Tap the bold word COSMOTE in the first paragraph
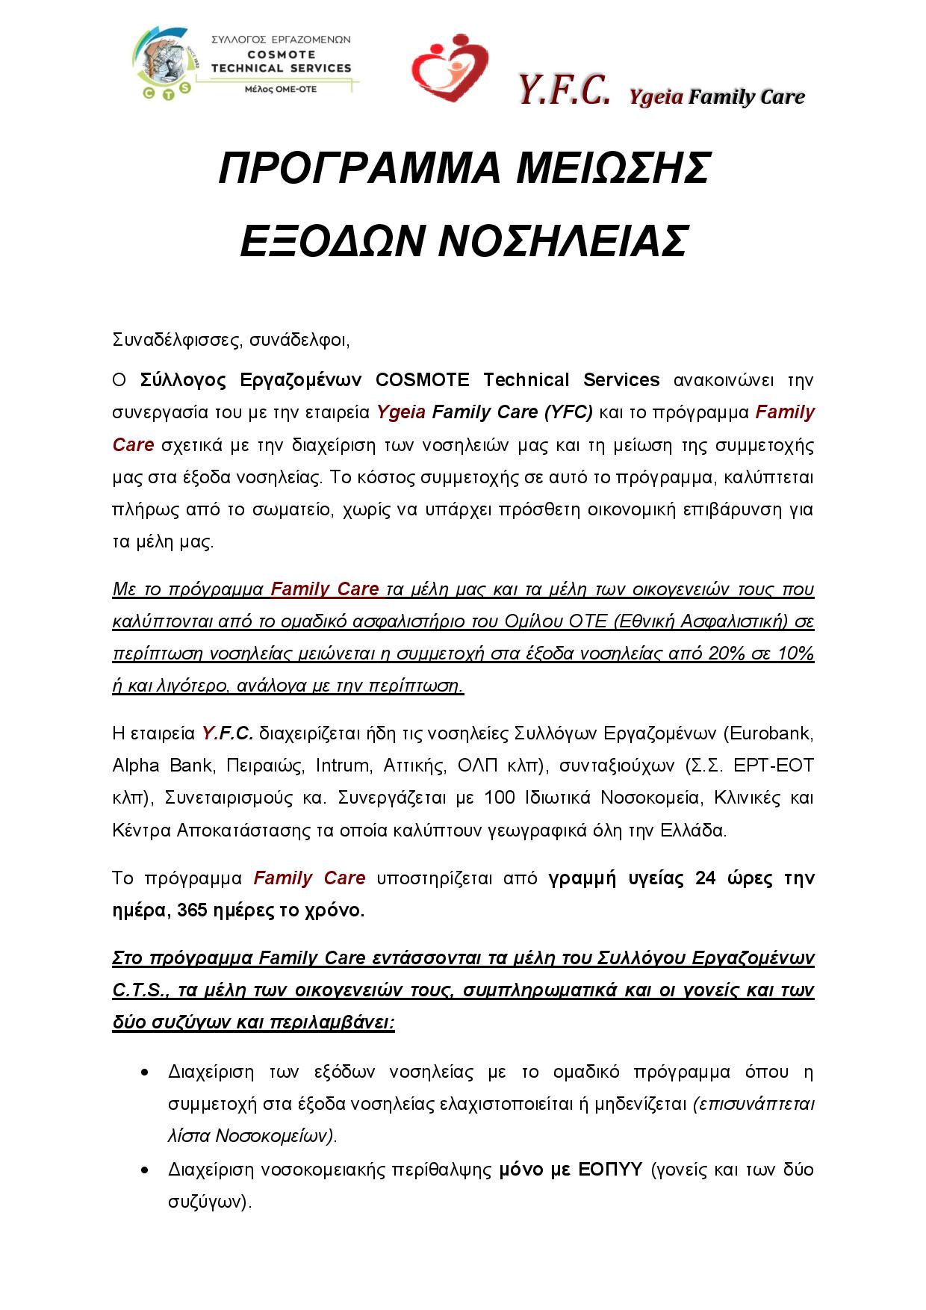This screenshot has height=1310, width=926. point(422,380)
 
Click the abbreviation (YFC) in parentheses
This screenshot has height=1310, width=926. point(568,412)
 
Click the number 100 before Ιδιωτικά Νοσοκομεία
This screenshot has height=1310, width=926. point(499,798)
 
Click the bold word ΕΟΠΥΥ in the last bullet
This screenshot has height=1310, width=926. point(610,1169)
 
